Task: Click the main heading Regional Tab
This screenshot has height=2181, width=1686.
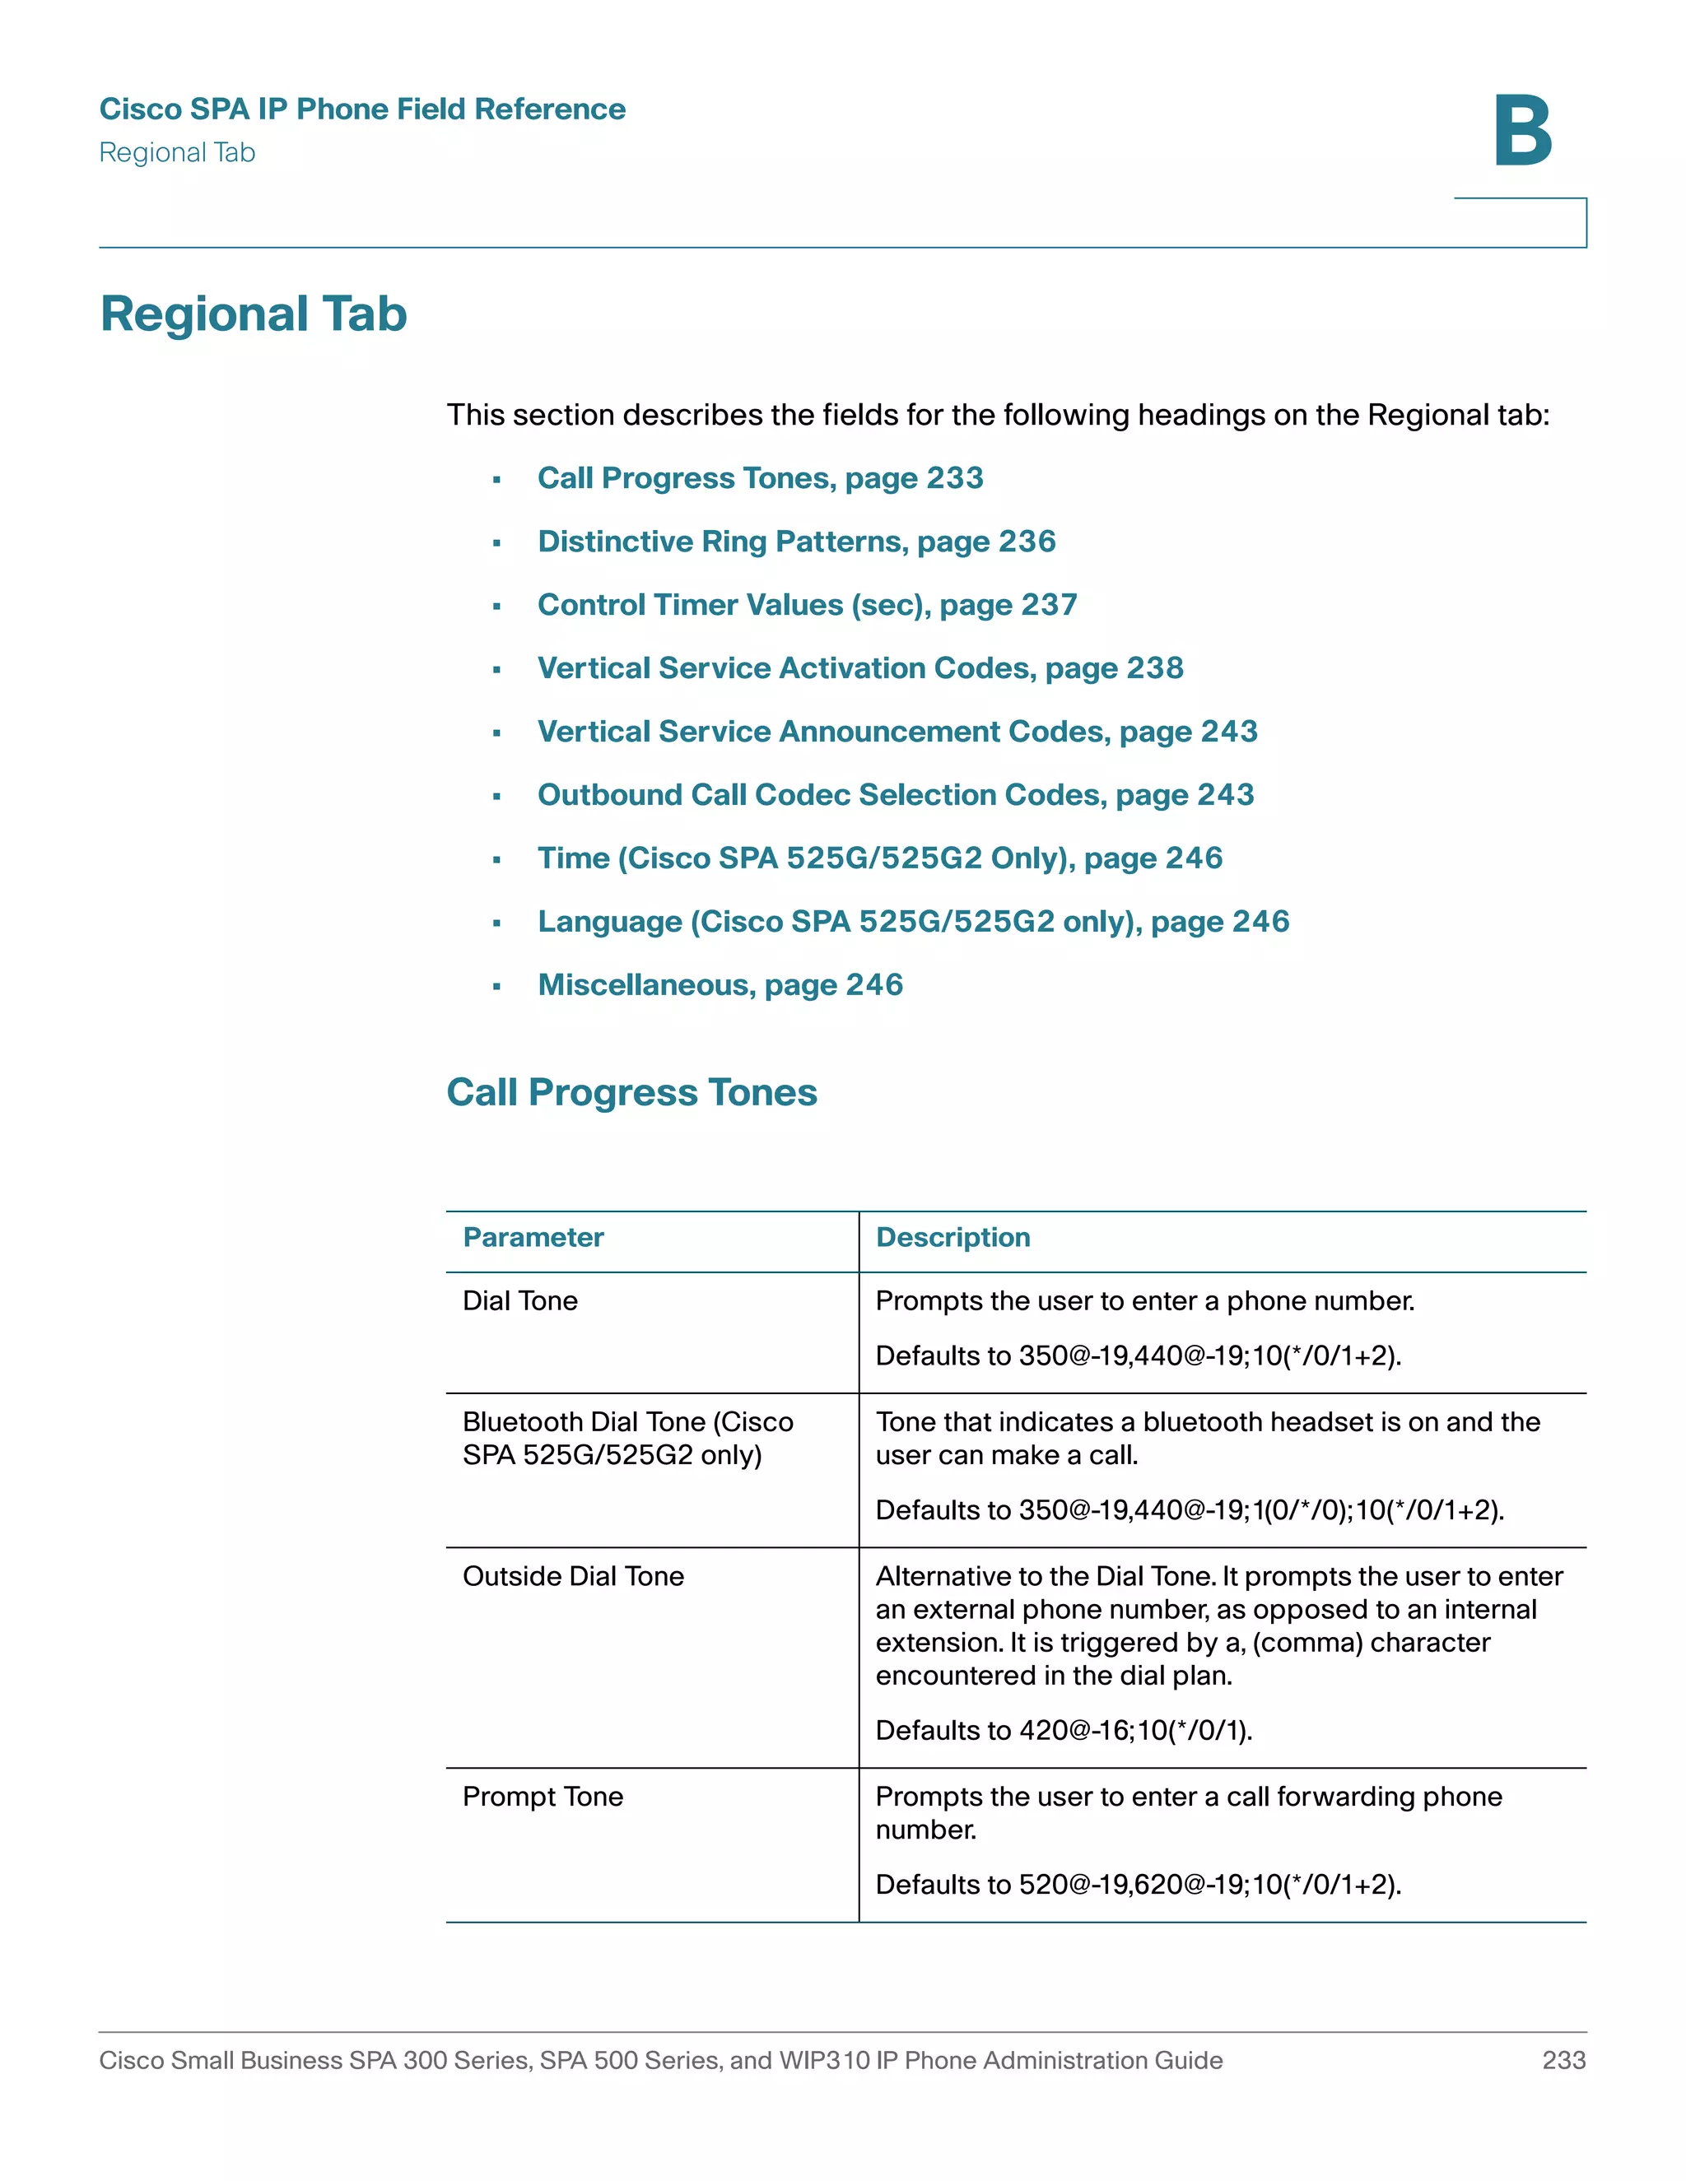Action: coord(254,314)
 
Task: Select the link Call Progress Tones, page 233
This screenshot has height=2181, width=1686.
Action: coord(760,478)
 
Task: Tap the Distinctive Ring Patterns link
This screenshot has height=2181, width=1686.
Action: coord(796,542)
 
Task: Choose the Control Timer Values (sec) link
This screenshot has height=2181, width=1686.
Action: coord(807,605)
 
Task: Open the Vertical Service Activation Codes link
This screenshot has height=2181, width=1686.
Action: coord(860,668)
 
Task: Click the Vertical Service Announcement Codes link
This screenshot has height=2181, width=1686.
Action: coord(897,732)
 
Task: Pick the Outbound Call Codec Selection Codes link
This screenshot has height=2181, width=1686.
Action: coord(895,795)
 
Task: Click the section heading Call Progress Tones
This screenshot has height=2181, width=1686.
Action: coord(631,1092)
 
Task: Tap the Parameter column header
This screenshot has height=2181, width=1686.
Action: coord(533,1237)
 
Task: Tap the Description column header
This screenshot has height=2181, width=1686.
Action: coord(952,1237)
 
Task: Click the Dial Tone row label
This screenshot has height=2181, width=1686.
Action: coord(520,1301)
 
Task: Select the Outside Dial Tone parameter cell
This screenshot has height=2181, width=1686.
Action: coord(573,1577)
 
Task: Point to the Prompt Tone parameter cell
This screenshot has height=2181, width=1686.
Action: coord(543,1797)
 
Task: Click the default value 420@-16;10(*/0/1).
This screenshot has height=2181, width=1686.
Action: coord(1134,1731)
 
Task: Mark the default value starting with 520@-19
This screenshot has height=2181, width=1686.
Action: coord(1209,1885)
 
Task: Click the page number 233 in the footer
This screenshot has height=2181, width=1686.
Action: coord(1563,2060)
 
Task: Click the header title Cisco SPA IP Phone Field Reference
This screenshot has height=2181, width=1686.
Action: coord(362,109)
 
